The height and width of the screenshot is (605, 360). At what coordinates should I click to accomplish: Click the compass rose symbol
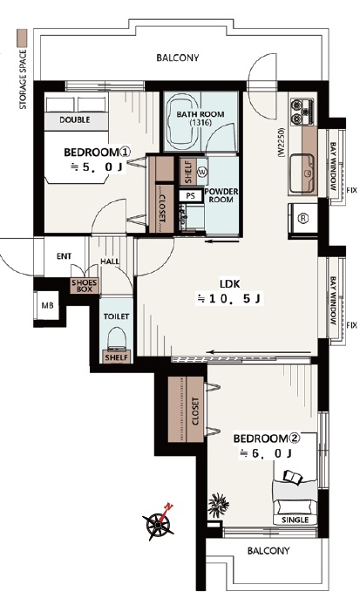pos(159,523)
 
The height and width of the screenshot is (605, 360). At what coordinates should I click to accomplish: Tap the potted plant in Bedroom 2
pos(219,505)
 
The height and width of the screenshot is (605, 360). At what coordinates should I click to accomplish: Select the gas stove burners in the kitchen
pos(302,112)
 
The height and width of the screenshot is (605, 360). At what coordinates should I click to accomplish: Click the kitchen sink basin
pos(302,173)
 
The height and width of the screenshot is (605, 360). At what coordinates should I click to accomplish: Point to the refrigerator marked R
pos(303,219)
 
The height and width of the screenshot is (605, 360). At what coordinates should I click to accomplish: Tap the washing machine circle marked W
pos(202,172)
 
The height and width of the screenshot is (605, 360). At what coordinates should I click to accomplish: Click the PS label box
pos(191,195)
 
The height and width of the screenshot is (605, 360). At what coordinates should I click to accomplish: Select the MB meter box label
pos(47,306)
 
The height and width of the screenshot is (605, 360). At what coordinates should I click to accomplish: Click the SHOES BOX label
pos(84,286)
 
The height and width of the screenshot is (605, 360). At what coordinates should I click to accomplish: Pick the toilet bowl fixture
pos(116,337)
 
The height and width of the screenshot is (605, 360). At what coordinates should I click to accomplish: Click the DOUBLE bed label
pos(75,120)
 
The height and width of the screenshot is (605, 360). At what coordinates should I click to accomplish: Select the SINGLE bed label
pos(295,520)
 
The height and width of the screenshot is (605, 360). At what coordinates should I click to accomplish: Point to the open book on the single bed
pos(294,477)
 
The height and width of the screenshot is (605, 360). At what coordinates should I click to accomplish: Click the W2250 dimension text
pos(281,142)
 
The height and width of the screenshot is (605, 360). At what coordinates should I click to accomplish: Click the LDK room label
pos(230,284)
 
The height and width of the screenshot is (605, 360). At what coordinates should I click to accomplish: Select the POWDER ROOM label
pos(221,195)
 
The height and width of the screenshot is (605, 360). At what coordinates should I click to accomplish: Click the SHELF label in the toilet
pos(117,357)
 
